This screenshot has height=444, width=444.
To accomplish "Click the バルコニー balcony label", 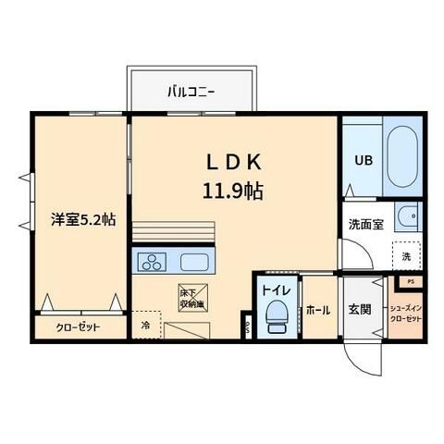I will (191, 92).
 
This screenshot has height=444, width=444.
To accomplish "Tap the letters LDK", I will (235, 161).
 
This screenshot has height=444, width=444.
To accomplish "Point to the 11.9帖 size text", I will (235, 191).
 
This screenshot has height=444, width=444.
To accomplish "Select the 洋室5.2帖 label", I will (83, 221).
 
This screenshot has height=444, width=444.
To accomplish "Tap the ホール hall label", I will (318, 310).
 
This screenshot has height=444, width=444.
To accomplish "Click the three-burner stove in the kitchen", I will (152, 262).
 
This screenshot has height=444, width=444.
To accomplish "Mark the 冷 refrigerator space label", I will (145, 326).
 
